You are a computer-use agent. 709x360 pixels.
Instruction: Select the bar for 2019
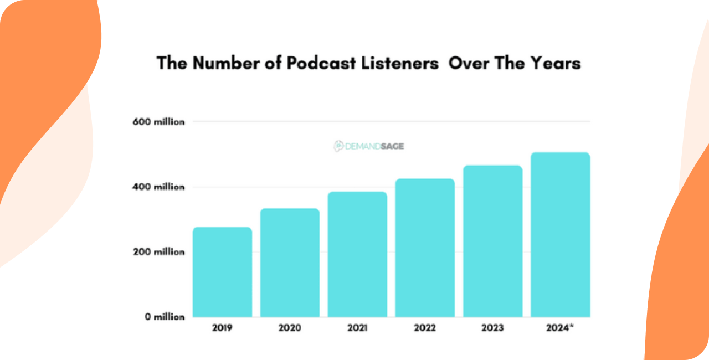(222, 272)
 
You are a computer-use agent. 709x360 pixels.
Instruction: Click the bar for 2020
(290, 263)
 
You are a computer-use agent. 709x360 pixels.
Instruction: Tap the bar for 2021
(357, 254)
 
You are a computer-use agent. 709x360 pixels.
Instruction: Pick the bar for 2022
(425, 248)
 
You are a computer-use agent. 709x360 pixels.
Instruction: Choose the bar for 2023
(492, 241)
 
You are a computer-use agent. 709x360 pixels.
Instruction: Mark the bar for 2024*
(560, 234)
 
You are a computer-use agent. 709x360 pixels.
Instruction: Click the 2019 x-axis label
(222, 328)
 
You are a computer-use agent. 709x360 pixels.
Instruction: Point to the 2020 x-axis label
(290, 328)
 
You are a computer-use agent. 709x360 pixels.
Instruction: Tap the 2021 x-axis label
(357, 328)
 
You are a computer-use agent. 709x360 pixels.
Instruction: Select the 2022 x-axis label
(425, 328)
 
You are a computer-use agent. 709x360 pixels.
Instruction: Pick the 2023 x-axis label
(492, 328)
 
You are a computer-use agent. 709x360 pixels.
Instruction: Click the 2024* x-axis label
(560, 328)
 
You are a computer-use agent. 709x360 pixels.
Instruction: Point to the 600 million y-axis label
(158, 122)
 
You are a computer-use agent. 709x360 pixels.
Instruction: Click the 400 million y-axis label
(158, 187)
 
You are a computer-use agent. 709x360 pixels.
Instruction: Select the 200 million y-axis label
(158, 252)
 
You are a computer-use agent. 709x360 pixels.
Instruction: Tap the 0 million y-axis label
(165, 317)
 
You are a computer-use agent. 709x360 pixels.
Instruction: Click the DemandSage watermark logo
(369, 146)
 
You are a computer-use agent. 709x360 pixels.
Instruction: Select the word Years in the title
(554, 63)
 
